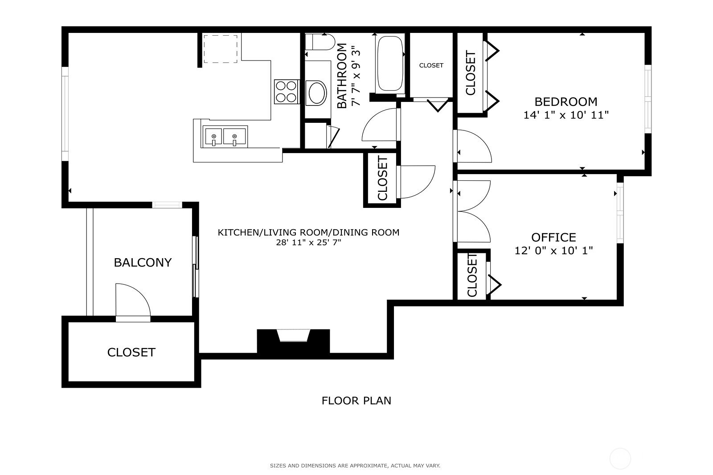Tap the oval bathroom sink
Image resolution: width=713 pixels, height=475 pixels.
pos(317,93)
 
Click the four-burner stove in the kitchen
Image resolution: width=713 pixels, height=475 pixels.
pos(286,91)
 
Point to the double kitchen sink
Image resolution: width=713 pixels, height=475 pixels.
pos(225,137)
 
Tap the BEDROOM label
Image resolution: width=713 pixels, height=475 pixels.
pos(565,101)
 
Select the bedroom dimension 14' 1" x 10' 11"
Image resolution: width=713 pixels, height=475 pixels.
pos(565,115)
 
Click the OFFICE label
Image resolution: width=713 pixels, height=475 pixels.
pos(553,237)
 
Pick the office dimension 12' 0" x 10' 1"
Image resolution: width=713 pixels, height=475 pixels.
pos(553,251)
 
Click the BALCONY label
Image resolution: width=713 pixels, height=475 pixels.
pos(143,262)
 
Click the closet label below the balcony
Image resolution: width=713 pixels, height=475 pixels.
pos(131,352)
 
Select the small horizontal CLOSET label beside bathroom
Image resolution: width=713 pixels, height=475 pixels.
pos(431,65)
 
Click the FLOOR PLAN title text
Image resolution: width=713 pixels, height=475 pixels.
pos(356,400)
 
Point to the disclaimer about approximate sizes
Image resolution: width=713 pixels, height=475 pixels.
pos(355,466)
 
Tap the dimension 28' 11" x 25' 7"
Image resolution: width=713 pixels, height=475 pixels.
pos(308,243)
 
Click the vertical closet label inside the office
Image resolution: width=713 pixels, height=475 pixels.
pos(472,275)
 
